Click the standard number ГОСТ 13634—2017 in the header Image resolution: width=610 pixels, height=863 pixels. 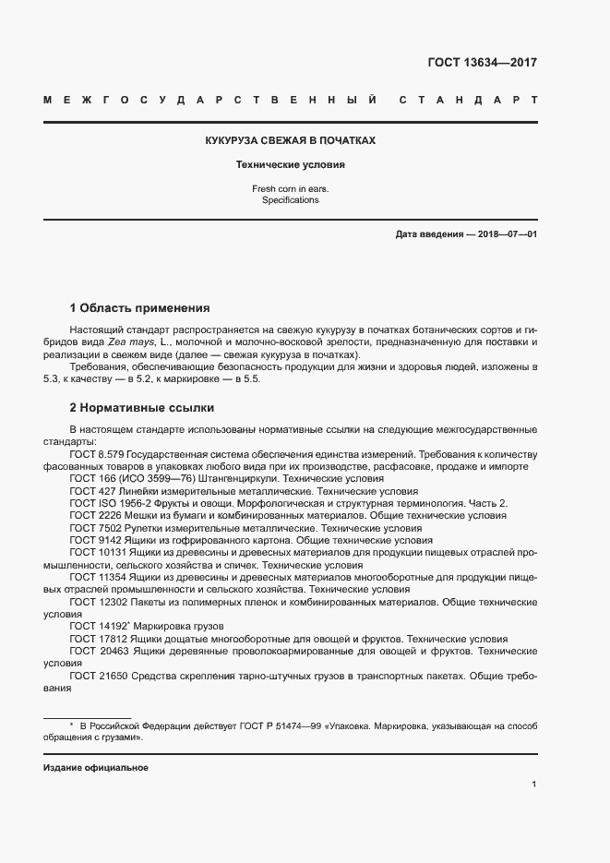pyautogui.click(x=482, y=63)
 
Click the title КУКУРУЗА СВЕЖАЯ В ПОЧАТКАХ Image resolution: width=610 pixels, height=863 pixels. pyautogui.click(x=290, y=141)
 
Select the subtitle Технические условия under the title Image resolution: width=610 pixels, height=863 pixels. pyautogui.click(x=290, y=166)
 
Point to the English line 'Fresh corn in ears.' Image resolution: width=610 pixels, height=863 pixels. pyautogui.click(x=290, y=189)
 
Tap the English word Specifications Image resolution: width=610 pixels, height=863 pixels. pyautogui.click(x=290, y=200)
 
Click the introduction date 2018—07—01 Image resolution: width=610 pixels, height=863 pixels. pyautogui.click(x=505, y=234)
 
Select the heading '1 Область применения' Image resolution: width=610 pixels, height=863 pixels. pyautogui.click(x=139, y=307)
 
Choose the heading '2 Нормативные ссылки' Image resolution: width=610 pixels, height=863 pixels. pyautogui.click(x=141, y=407)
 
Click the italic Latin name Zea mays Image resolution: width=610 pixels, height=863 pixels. pyautogui.click(x=133, y=342)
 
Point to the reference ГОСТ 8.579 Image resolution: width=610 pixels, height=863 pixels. pyautogui.click(x=96, y=455)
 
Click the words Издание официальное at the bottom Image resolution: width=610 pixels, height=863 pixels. pyautogui.click(x=95, y=768)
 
